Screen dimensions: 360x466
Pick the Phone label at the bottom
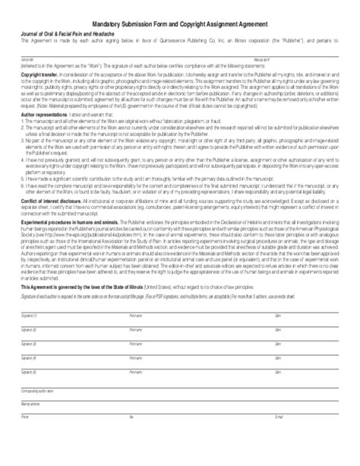25,458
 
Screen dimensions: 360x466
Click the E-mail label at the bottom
279,458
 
